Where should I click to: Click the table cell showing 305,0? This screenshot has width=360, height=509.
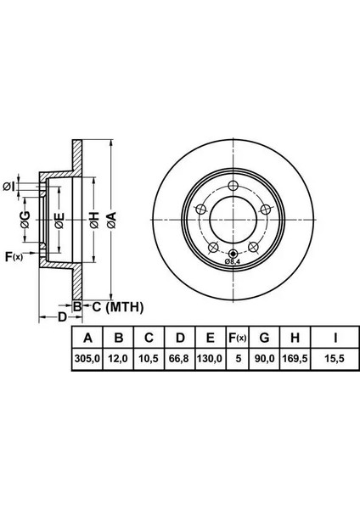click(x=87, y=359)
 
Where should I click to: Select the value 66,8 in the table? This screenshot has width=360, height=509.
click(x=180, y=359)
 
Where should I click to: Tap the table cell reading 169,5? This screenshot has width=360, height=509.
click(x=295, y=359)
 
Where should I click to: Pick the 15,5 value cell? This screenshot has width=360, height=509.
click(x=335, y=359)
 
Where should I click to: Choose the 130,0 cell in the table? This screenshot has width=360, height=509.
click(x=211, y=359)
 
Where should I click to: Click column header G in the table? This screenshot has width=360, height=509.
click(x=264, y=338)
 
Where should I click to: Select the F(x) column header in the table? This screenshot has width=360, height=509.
click(x=238, y=338)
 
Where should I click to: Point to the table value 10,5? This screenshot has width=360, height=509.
click(x=149, y=359)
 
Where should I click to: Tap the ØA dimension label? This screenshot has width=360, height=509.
click(x=111, y=220)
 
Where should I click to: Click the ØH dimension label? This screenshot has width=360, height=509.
click(x=94, y=220)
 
